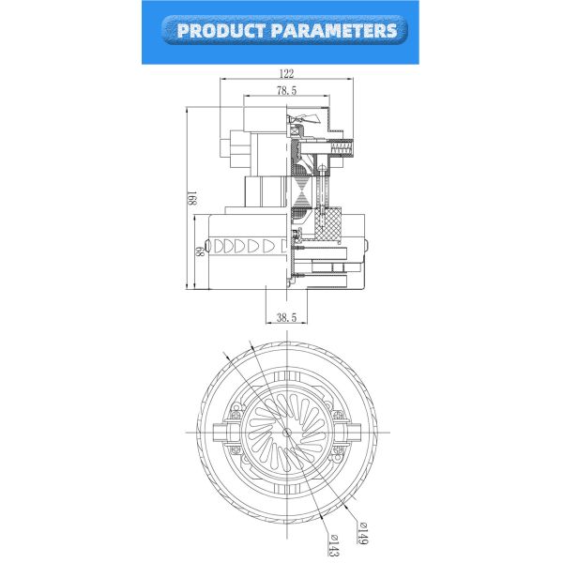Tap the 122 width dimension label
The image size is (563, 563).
(285, 73)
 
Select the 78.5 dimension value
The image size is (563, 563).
(286, 91)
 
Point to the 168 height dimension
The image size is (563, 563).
(190, 198)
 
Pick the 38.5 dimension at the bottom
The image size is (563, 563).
(286, 319)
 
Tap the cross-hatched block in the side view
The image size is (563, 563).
(329, 224)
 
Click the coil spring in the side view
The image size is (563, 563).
(342, 147)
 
